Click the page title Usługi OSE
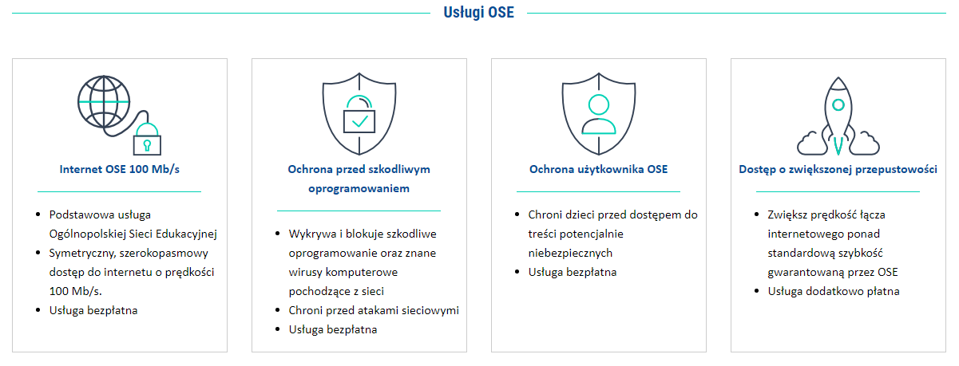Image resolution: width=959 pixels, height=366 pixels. click(x=478, y=13)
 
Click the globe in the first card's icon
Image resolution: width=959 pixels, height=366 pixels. click(x=104, y=102)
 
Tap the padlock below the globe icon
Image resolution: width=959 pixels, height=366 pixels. click(x=147, y=140)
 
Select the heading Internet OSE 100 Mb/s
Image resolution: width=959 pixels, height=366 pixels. click(x=120, y=169)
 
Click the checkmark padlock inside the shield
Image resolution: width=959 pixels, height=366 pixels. click(x=359, y=114)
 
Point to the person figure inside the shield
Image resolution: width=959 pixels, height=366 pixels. click(x=599, y=114)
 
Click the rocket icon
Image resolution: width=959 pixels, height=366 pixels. click(x=838, y=116)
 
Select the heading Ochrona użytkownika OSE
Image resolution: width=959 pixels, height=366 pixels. click(x=599, y=169)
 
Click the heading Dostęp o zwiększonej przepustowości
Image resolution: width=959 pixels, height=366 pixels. click(x=838, y=169)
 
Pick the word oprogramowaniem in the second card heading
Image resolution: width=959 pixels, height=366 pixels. click(x=359, y=188)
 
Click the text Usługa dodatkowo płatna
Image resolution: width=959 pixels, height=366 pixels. click(x=834, y=291)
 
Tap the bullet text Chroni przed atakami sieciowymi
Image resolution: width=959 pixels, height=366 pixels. click(x=374, y=310)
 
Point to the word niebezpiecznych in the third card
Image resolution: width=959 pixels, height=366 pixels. click(x=570, y=253)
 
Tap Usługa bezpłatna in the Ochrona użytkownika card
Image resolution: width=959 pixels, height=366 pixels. click(x=573, y=273)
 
